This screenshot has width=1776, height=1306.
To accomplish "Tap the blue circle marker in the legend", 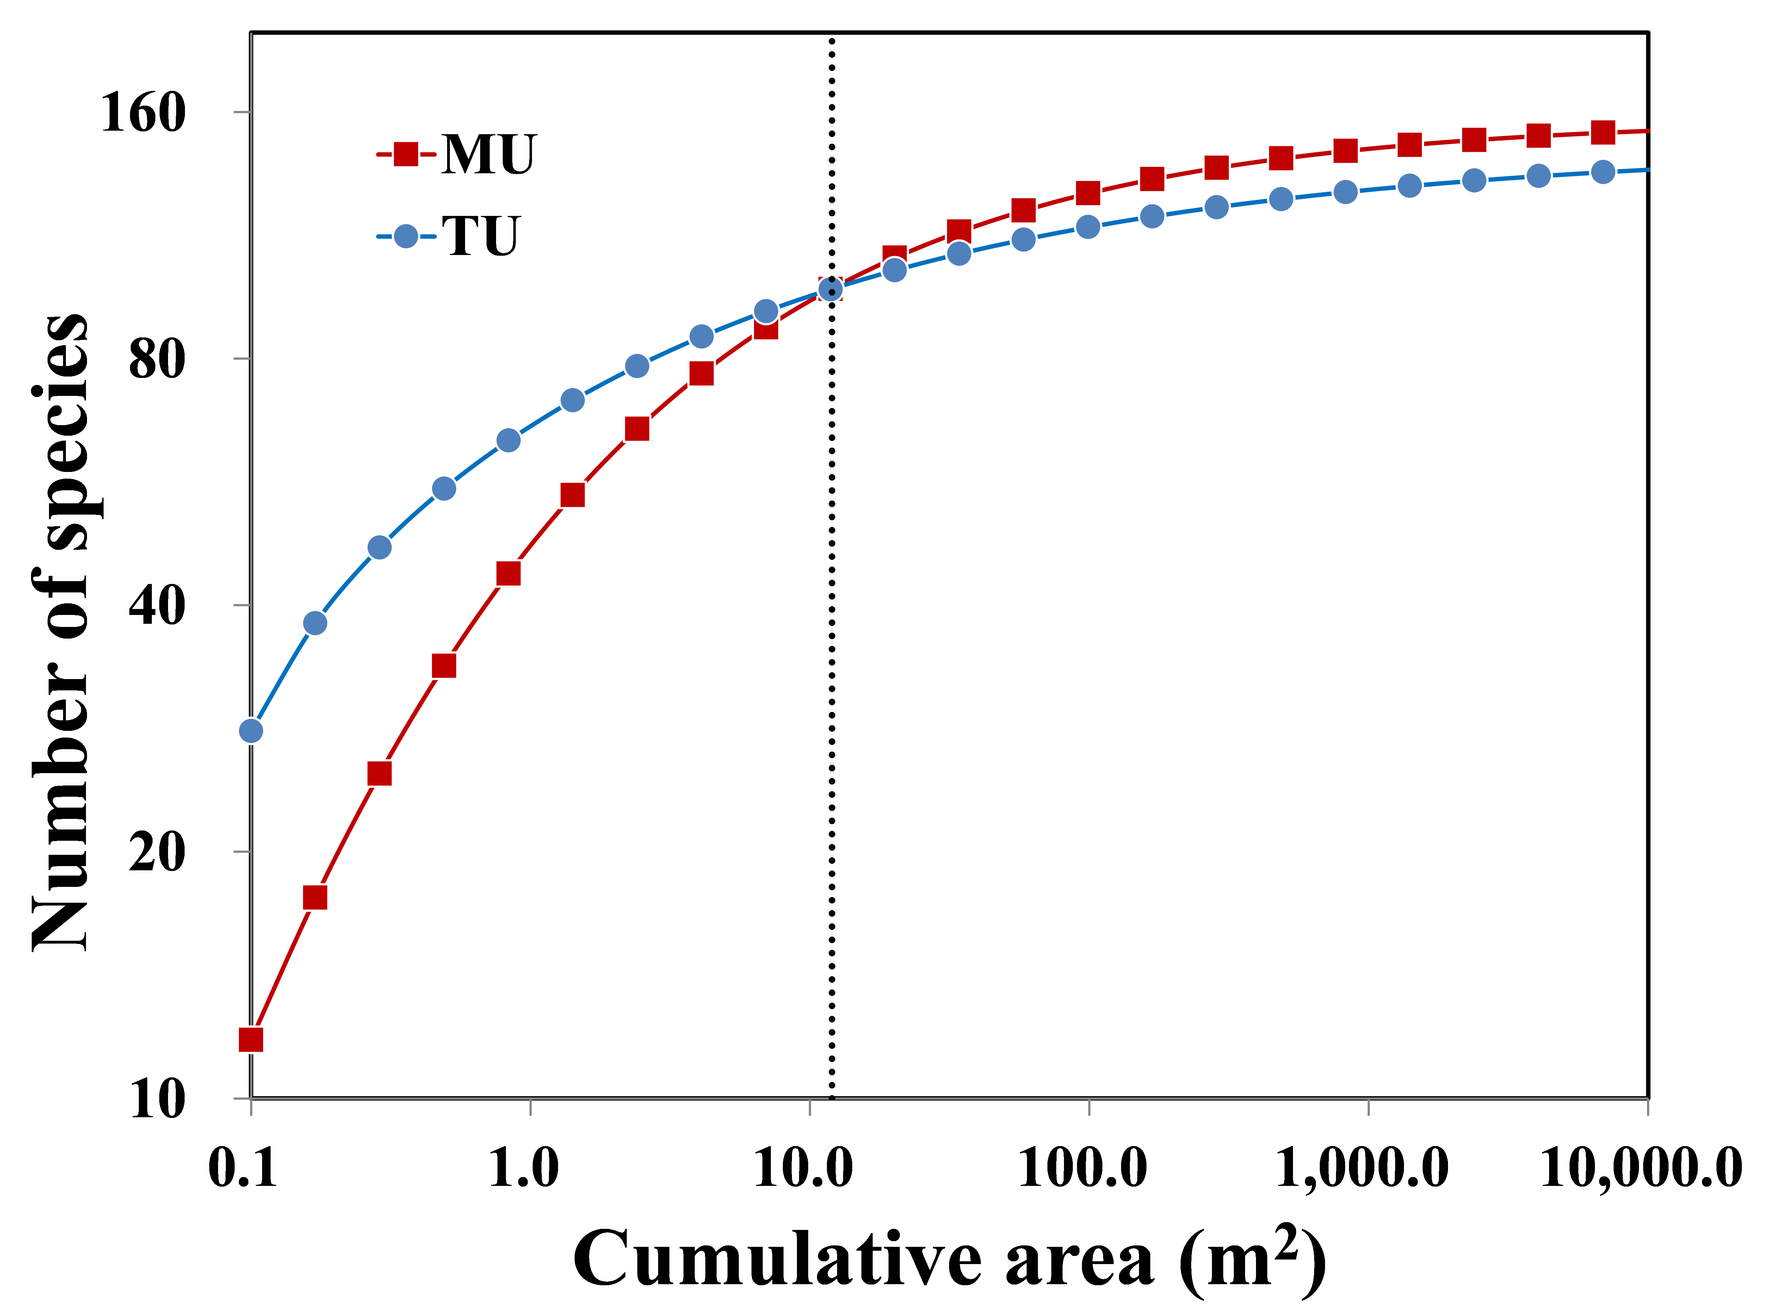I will (x=406, y=236).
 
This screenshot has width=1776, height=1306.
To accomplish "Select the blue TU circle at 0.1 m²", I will (x=250, y=730).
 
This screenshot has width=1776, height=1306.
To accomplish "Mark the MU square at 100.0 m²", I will (x=1088, y=192).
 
